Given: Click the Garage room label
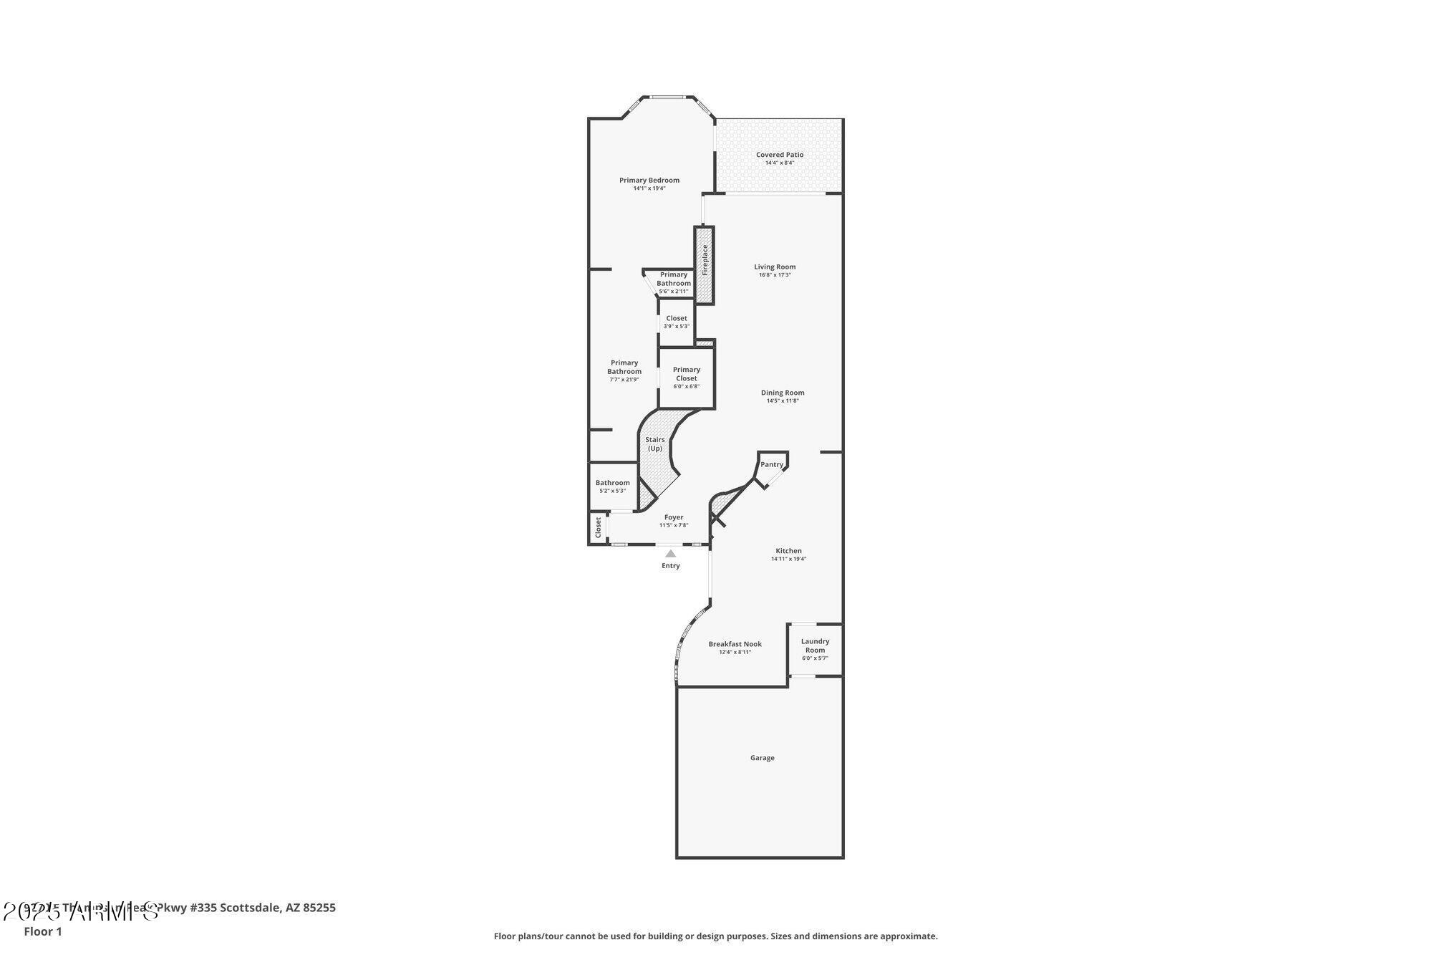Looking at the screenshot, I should (762, 757).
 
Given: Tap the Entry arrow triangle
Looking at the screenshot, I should (670, 553).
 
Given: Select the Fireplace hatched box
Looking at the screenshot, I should (705, 265).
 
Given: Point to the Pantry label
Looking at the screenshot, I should (771, 464).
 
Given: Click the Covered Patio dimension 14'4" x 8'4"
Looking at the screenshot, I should (780, 163).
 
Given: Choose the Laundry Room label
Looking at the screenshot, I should (815, 646).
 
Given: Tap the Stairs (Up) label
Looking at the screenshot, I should (654, 443).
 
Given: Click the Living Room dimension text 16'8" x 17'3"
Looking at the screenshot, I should (775, 275).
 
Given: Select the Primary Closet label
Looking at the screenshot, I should (686, 374).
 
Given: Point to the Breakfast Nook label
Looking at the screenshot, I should (735, 644).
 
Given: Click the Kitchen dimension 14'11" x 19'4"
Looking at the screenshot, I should (788, 559).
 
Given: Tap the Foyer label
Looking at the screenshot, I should (674, 517).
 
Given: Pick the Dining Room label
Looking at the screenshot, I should (783, 393).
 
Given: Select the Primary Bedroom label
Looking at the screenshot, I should (649, 180).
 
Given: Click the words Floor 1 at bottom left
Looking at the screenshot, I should (43, 931).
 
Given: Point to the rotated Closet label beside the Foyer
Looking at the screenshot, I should (598, 527).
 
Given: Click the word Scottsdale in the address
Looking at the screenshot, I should (250, 908).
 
